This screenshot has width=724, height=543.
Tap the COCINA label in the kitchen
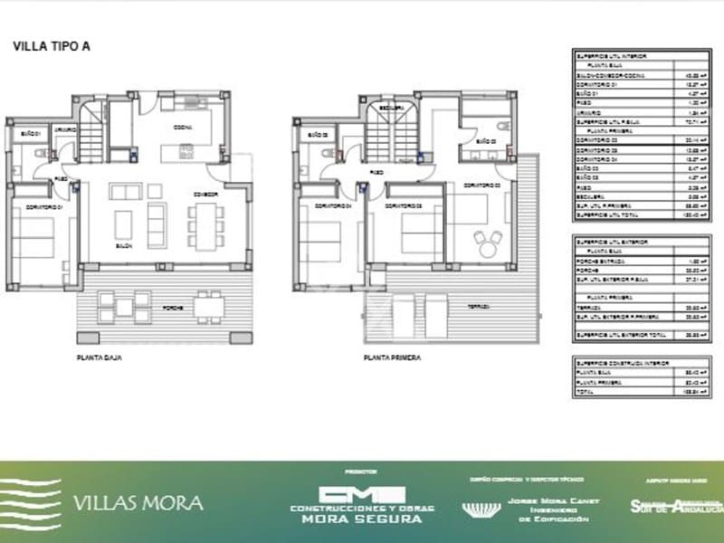point(182,128)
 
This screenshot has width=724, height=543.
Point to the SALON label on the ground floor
point(124,246)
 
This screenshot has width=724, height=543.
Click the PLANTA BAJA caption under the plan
point(99,357)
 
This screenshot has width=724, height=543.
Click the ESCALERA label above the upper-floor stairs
point(390,106)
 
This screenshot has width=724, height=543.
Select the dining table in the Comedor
point(206,224)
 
